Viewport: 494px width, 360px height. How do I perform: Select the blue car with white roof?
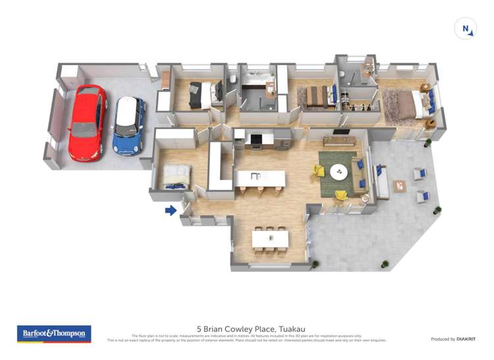pos(128,125)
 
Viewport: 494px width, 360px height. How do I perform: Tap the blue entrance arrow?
pos(171,211)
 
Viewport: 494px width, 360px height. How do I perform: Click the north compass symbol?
pos(466,29)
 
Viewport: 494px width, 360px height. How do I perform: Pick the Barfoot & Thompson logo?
pos(54,334)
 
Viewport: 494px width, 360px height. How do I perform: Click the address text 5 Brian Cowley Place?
pos(251,328)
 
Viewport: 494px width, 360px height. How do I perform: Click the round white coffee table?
pos(339,171)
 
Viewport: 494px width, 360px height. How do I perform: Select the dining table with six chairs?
pos(270,238)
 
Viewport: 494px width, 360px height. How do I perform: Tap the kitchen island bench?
pos(261,178)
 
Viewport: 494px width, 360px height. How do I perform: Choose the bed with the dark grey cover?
pos(201,95)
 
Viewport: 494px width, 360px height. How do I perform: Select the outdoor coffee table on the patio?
pos(400,186)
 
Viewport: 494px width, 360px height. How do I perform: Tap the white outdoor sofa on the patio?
pos(379,182)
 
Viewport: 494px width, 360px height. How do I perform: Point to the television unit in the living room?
pos(340,140)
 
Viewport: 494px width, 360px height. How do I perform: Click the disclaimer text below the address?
pos(246,338)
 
